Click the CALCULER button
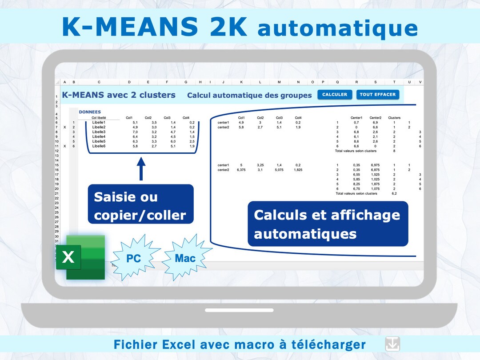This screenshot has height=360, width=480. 335,95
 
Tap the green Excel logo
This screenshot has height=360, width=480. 81,257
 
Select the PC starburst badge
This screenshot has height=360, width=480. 134,258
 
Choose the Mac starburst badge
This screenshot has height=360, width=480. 185,258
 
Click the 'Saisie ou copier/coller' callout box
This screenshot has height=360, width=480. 140,206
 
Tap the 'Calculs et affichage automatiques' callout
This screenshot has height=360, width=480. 327,224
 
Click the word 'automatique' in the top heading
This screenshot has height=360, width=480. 337,28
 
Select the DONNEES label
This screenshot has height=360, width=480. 90,112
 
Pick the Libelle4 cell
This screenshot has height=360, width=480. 99,137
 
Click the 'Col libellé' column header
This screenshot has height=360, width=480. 99,118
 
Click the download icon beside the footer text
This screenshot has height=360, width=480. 392,344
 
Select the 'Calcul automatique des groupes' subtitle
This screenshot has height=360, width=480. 249,95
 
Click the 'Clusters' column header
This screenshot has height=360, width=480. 394,118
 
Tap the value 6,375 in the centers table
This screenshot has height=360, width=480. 241,170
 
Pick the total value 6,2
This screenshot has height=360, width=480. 394,194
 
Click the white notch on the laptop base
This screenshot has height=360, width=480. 239,310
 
